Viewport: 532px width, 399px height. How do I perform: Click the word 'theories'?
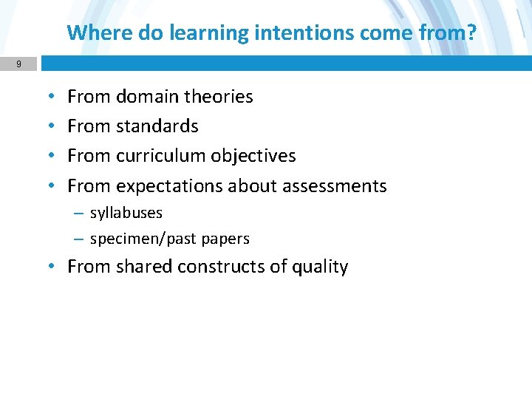click(218, 97)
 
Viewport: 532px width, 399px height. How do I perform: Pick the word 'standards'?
click(157, 126)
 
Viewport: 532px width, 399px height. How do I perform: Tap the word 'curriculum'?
click(161, 156)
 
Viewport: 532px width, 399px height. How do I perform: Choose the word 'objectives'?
click(253, 156)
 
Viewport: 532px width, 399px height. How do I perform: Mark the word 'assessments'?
click(337, 186)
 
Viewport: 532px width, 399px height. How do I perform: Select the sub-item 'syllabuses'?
click(126, 214)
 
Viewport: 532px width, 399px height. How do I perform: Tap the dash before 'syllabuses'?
click(78, 213)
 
